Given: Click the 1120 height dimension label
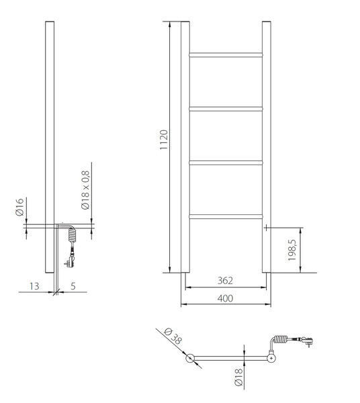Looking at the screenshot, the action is click(164, 140).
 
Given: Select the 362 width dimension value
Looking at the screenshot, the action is click(226, 280).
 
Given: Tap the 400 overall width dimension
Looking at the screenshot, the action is click(226, 298).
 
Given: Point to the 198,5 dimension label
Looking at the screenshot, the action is click(292, 250).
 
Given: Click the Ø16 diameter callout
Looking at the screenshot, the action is click(19, 207).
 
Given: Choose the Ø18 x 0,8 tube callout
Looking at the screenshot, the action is click(85, 190).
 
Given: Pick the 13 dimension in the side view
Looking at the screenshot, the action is click(34, 286).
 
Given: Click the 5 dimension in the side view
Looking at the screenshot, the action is click(73, 286).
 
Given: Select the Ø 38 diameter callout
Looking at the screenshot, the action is click(173, 336).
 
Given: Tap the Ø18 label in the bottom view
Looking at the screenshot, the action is click(238, 377).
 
